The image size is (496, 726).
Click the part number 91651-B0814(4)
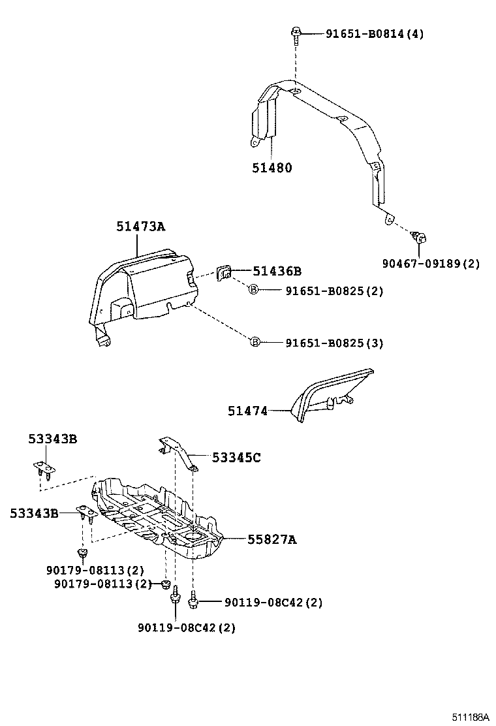pos(374,34)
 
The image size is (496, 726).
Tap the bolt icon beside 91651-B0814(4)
pos(296,34)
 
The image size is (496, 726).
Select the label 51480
pos(272,168)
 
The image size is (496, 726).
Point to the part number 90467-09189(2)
pos(431,264)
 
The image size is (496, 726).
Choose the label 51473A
pos(141,227)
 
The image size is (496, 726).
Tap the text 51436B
pos(277,271)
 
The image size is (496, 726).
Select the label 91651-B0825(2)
pos(333,291)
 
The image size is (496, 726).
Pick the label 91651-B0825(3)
pos(333,343)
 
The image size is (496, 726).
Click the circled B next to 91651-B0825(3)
pos(255,342)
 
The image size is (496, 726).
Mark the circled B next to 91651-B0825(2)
pos(254,291)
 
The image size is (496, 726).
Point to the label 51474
pos(247,411)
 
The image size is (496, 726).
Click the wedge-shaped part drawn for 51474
pos(326,395)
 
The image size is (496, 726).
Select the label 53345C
pos(236,458)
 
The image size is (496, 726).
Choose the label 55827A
pos(271,539)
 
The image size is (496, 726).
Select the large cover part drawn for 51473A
pos(144,287)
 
